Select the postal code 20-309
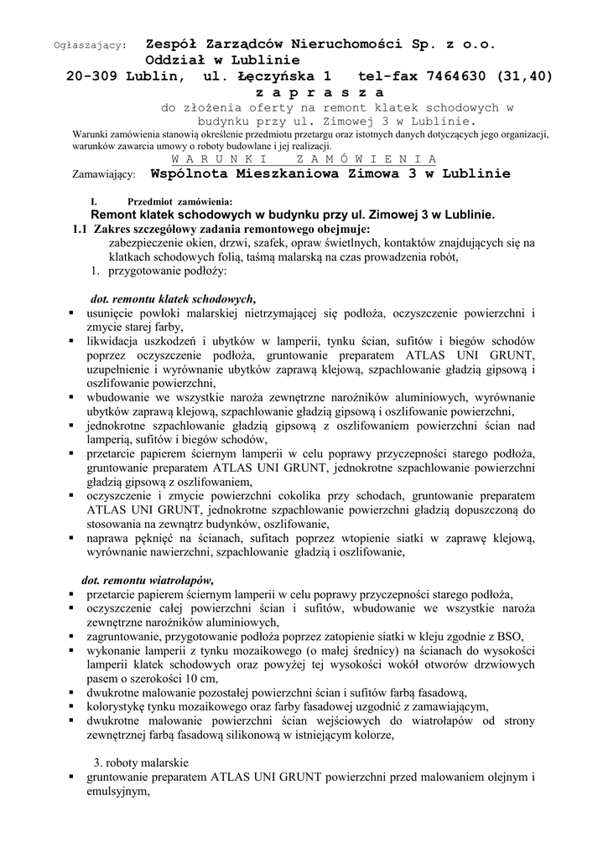[x=95, y=76]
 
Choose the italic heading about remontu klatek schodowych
[x=173, y=298]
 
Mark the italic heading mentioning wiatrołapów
[x=148, y=579]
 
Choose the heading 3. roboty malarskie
[x=141, y=763]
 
